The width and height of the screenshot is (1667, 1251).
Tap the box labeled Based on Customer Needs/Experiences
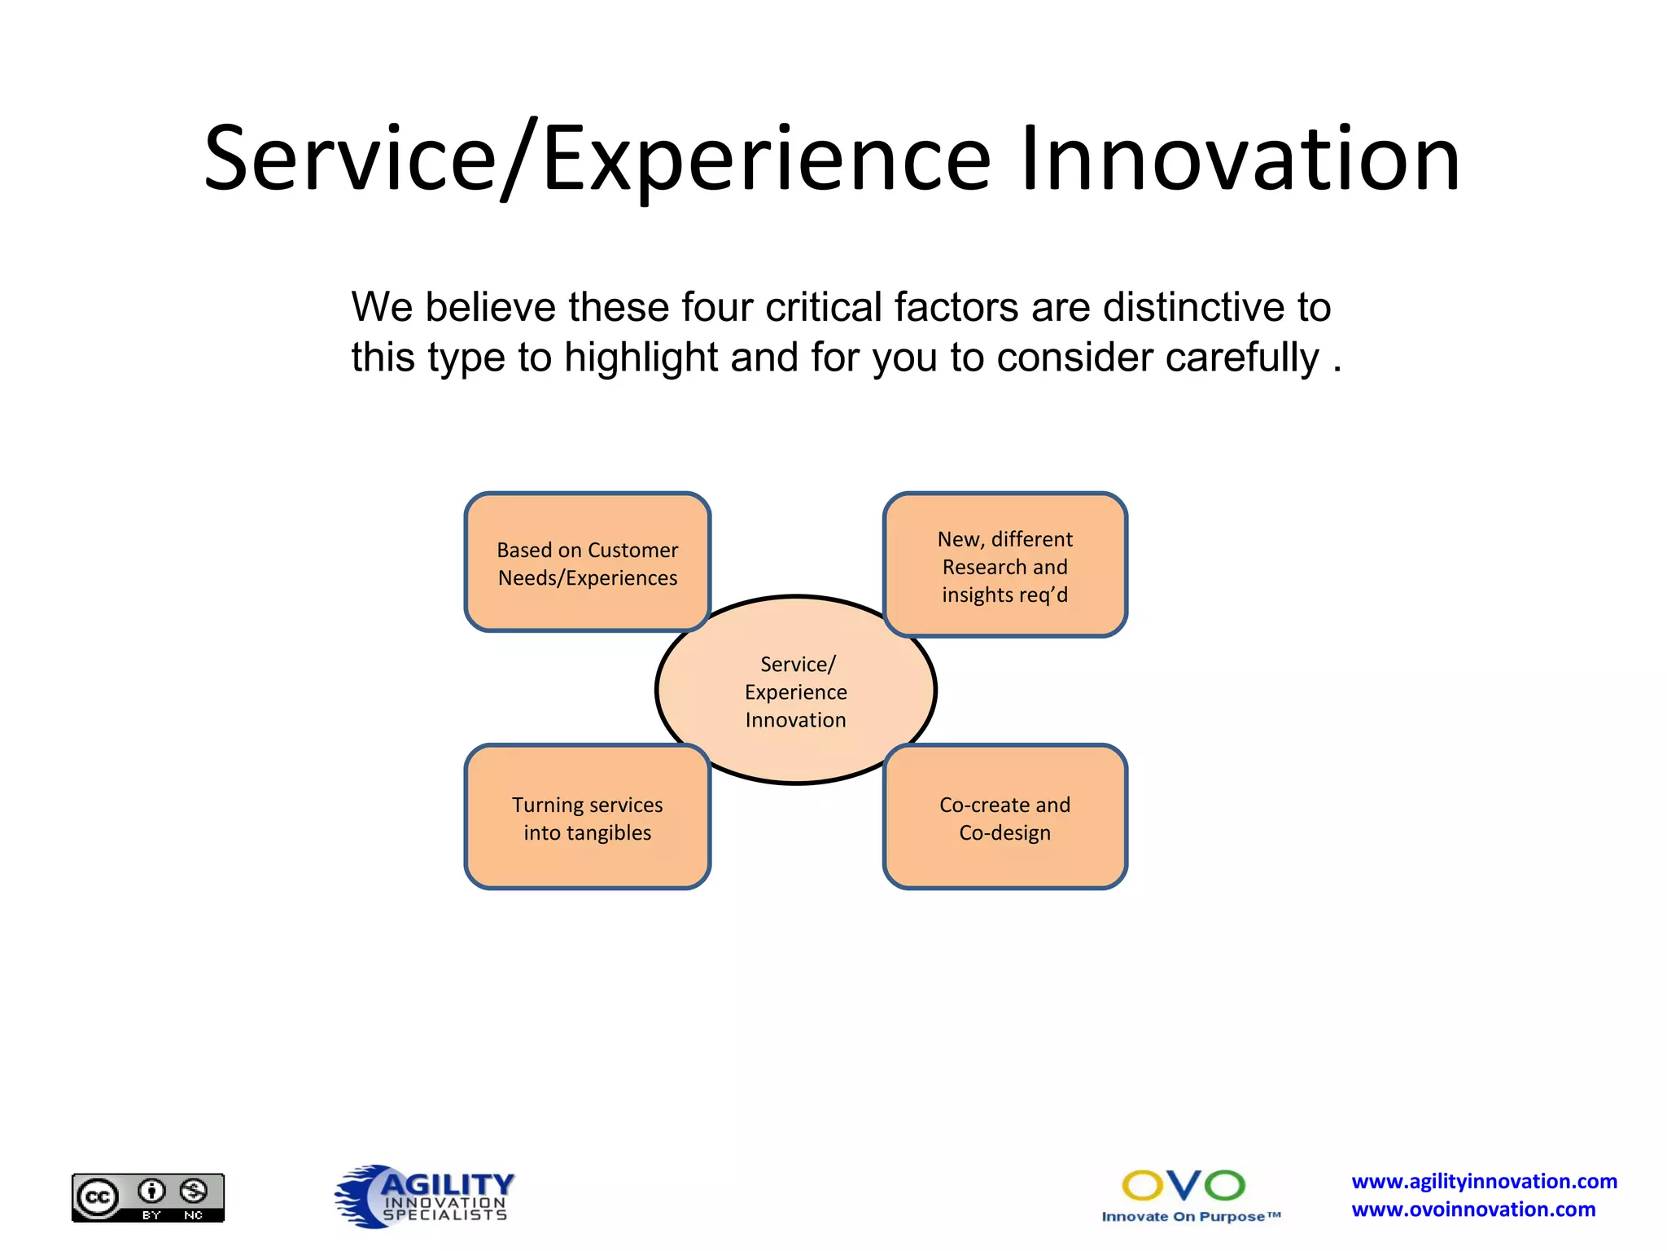pos(587,563)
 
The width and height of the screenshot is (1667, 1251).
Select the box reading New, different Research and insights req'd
pos(1004,566)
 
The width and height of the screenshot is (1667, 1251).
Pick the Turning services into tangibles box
pos(587,818)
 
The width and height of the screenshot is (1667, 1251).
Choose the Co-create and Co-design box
pos(1004,818)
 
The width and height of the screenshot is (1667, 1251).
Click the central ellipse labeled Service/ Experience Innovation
pos(795,691)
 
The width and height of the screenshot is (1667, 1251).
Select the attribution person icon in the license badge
pos(151,1191)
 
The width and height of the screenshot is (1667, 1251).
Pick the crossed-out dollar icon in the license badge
pos(194,1191)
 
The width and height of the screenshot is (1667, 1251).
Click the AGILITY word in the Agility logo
pos(447,1183)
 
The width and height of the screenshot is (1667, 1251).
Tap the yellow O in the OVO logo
pos(1143,1185)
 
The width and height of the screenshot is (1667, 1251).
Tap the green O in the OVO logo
pos(1224,1185)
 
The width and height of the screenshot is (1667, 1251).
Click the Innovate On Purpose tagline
pos(1190,1217)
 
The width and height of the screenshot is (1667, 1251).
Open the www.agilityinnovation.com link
pos(1484,1181)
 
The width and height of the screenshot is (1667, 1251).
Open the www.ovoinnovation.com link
pos(1473,1209)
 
